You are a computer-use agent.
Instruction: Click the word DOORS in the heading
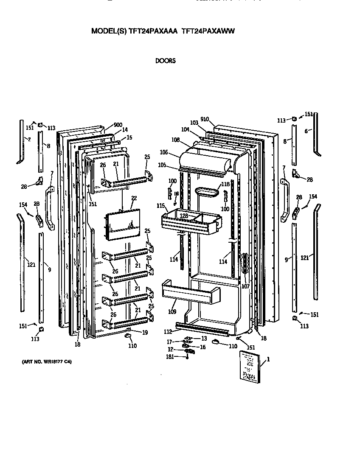[166, 61]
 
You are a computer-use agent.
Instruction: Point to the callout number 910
[205, 119]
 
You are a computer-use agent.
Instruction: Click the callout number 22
[134, 199]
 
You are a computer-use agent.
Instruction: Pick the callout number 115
[160, 206]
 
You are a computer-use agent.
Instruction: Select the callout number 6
[306, 132]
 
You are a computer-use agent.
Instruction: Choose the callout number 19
[145, 333]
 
